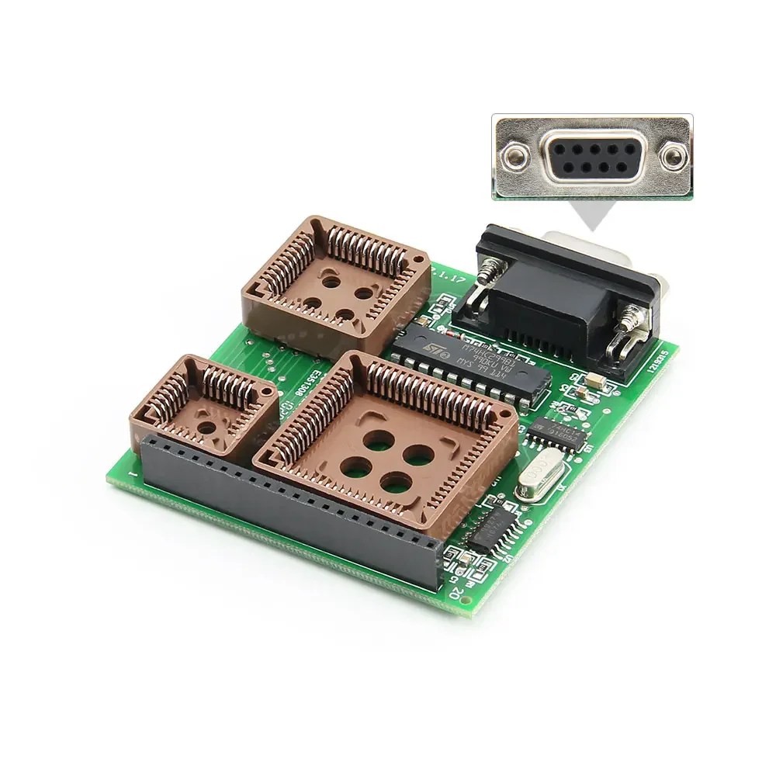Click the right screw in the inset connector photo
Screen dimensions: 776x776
(673, 158)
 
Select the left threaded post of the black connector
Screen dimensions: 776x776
(487, 275)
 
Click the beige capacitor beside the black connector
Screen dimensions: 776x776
(594, 380)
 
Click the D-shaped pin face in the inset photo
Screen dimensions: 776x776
(592, 157)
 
